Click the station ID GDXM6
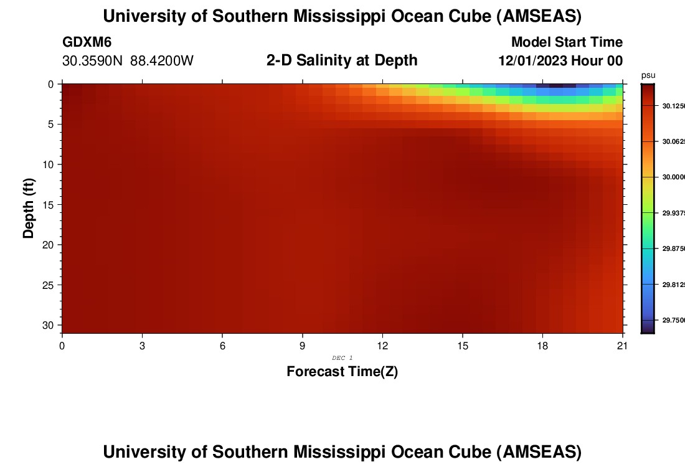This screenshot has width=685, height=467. pyautogui.click(x=87, y=42)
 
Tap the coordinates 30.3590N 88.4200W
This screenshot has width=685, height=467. pyautogui.click(x=128, y=61)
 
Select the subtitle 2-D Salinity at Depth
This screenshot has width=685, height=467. pyautogui.click(x=342, y=60)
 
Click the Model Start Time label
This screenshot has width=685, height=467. pyautogui.click(x=567, y=42)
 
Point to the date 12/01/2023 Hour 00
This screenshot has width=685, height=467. pyautogui.click(x=560, y=61)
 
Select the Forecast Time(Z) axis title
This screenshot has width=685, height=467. pyautogui.click(x=342, y=372)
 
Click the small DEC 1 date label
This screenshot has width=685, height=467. pyautogui.click(x=342, y=358)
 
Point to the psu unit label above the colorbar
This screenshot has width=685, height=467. pyautogui.click(x=648, y=75)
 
